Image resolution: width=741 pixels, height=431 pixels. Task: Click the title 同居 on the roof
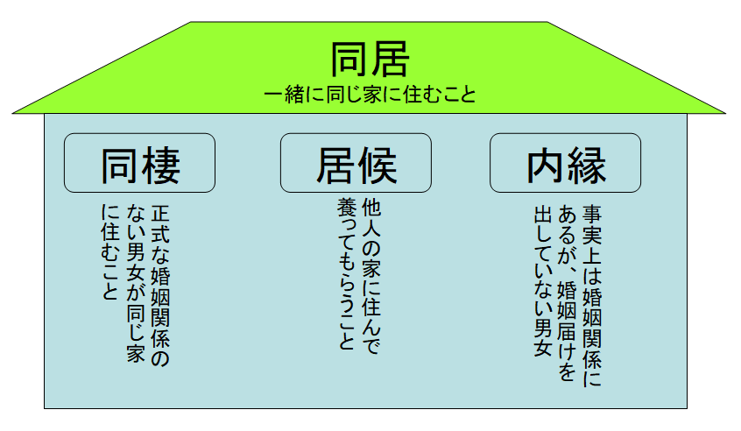click(x=370, y=59)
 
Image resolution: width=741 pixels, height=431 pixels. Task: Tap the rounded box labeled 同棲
click(x=140, y=163)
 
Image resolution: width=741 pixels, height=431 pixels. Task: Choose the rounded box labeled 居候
click(x=356, y=163)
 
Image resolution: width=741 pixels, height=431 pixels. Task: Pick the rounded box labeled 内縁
click(x=566, y=163)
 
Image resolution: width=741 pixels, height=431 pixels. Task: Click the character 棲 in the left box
click(x=161, y=163)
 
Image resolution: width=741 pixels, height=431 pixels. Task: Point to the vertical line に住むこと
click(x=109, y=253)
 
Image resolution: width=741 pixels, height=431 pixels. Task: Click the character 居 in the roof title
click(x=390, y=59)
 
